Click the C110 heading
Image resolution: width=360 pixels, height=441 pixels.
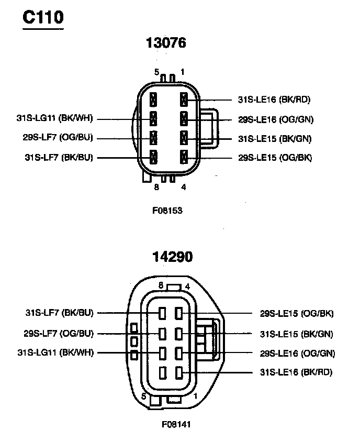(x=43, y=17)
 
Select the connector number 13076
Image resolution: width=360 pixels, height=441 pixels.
(x=165, y=43)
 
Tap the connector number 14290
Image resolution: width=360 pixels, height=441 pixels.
(x=172, y=257)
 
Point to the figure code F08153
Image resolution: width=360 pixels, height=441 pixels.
(x=167, y=211)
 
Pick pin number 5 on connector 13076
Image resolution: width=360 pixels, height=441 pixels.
(x=156, y=72)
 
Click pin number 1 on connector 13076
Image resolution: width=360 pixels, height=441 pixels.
(x=182, y=71)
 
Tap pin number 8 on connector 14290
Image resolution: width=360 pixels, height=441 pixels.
(x=161, y=285)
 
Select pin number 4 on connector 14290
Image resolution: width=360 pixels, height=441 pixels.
(x=187, y=286)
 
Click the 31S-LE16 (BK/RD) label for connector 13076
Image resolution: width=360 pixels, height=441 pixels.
(x=274, y=100)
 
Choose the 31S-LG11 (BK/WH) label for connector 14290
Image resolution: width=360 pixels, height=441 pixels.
(x=55, y=352)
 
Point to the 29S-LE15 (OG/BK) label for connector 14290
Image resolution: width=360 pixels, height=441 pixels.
(x=297, y=314)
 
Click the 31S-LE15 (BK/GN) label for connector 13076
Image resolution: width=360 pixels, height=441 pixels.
(x=275, y=138)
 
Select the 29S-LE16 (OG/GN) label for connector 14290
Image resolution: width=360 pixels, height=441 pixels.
(x=297, y=353)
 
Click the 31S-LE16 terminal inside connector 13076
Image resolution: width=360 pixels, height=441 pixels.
(x=184, y=99)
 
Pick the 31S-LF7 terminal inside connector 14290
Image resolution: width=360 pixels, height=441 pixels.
(x=163, y=314)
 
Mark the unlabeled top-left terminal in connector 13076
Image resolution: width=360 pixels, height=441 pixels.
(x=153, y=99)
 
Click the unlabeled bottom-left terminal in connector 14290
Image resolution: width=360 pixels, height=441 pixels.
(x=163, y=372)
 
